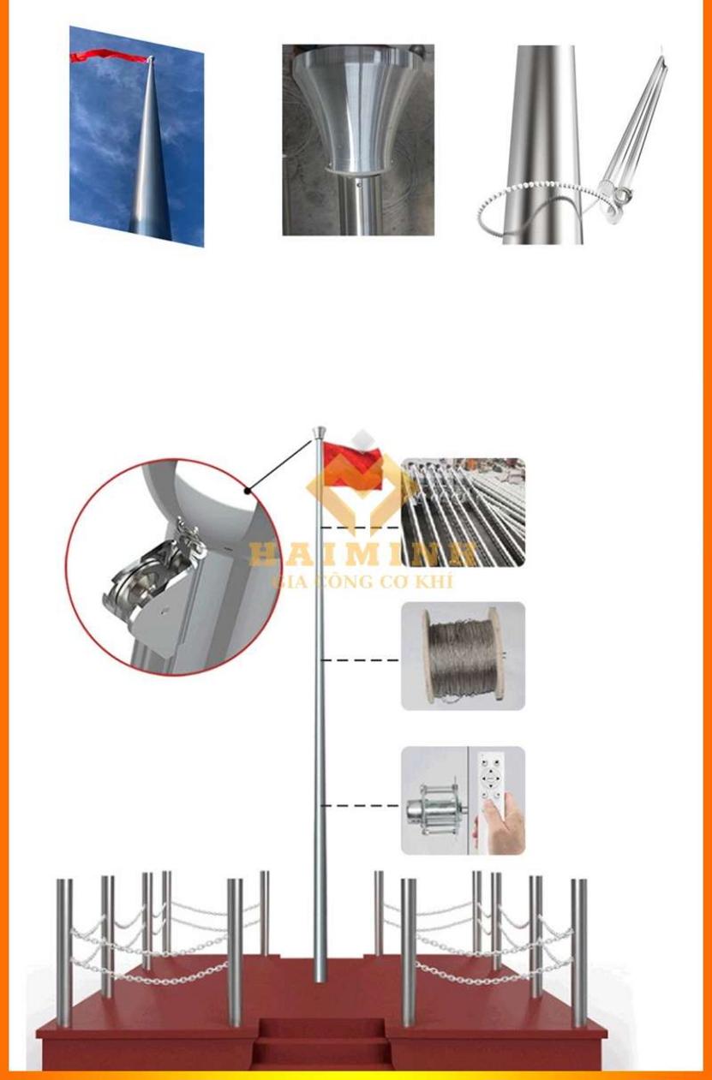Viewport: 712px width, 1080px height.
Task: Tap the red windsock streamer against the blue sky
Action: tap(107, 57)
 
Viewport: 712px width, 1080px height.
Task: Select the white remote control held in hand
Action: tap(493, 779)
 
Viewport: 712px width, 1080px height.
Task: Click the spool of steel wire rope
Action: tap(460, 654)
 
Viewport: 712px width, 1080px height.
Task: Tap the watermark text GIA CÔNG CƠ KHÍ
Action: tap(362, 582)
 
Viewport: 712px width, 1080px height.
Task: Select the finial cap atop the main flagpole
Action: tap(319, 432)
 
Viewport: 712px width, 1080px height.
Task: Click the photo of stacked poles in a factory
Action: tap(463, 511)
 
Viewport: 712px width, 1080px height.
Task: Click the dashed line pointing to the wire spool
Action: tap(360, 660)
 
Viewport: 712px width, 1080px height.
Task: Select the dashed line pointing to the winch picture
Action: tap(360, 806)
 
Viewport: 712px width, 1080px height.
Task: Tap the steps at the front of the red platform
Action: tap(321, 1041)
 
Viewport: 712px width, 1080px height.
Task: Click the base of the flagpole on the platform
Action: tap(320, 972)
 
